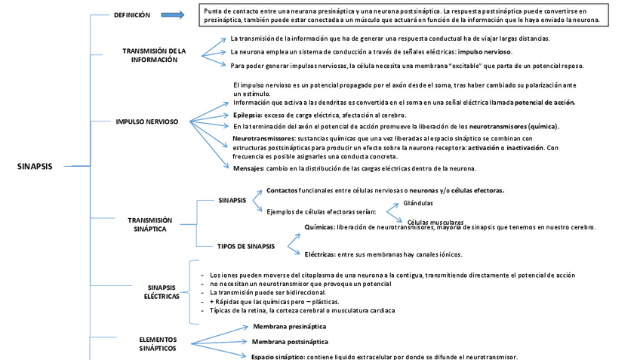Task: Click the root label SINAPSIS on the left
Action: pyautogui.click(x=35, y=167)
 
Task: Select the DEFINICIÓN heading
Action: pyautogui.click(x=132, y=15)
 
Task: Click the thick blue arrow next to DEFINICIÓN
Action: pyautogui.click(x=172, y=15)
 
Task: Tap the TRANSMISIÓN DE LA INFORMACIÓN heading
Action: pyautogui.click(x=154, y=55)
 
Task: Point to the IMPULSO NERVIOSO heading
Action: pyautogui.click(x=146, y=121)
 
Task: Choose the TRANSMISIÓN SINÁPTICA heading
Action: pyautogui.click(x=149, y=224)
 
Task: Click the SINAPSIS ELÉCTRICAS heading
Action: pyautogui.click(x=162, y=292)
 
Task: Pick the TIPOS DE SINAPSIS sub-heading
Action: pyautogui.click(x=245, y=246)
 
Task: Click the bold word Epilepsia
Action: pyautogui.click(x=248, y=115)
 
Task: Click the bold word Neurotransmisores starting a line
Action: pyautogui.click(x=263, y=139)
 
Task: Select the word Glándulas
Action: pyautogui.click(x=418, y=203)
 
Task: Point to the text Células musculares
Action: pyautogui.click(x=435, y=222)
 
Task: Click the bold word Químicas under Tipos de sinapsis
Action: pyautogui.click(x=319, y=227)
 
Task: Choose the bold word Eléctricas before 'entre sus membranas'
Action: pyautogui.click(x=320, y=254)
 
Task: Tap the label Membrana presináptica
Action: pyautogui.click(x=289, y=327)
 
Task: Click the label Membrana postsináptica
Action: pyautogui.click(x=289, y=341)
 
